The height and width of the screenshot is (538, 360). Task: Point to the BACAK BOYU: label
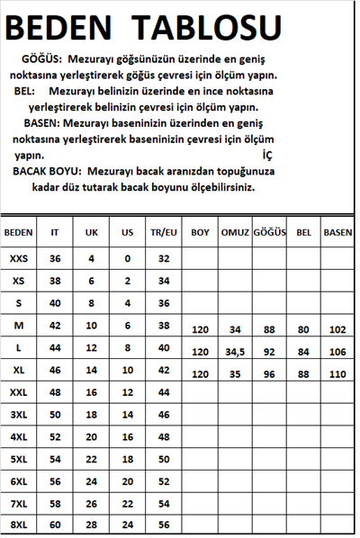(48, 170)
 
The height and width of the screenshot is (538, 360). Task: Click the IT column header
(55, 232)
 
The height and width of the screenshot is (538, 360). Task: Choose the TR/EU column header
(164, 232)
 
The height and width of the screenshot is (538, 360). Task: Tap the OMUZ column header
(235, 232)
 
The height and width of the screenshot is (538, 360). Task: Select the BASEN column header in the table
(337, 232)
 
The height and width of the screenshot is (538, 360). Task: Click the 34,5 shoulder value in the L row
(235, 351)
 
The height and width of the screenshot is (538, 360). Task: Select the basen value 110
(337, 372)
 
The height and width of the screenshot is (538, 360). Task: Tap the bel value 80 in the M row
(303, 329)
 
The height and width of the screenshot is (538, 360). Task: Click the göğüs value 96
(269, 372)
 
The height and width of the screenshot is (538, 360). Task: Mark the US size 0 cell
(127, 258)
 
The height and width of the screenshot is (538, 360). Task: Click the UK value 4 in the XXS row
(91, 258)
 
